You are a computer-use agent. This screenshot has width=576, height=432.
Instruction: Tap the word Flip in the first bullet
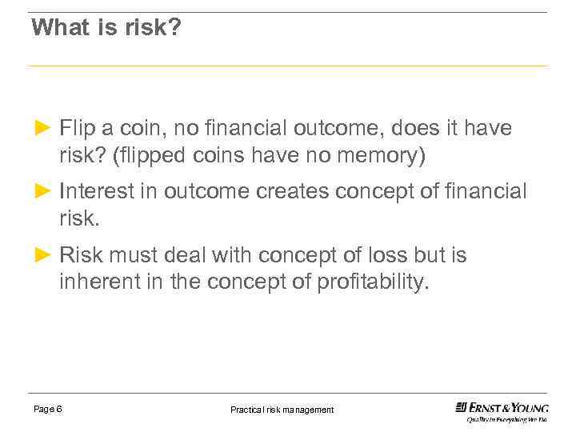pyautogui.click(x=77, y=128)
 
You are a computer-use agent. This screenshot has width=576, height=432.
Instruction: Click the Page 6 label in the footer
pyautogui.click(x=48, y=410)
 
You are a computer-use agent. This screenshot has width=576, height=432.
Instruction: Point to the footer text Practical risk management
pyautogui.click(x=282, y=410)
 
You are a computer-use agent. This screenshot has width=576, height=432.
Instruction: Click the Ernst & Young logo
pyautogui.click(x=502, y=407)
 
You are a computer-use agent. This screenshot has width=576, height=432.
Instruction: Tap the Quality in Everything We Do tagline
pyautogui.click(x=506, y=419)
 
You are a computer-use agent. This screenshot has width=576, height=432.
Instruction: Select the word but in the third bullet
pyautogui.click(x=433, y=256)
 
